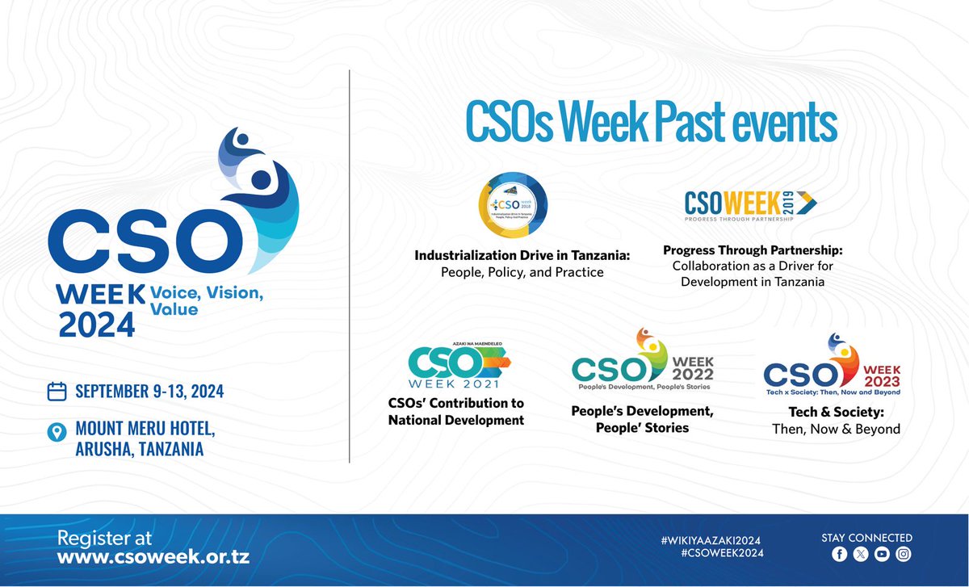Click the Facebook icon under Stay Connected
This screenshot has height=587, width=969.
click(839, 554)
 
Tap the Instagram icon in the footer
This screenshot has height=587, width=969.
click(904, 554)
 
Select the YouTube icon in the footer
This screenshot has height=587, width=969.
click(882, 554)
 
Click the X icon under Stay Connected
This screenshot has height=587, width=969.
click(860, 554)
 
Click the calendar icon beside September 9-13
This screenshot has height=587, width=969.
click(57, 392)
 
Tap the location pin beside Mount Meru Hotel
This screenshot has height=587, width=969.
click(57, 433)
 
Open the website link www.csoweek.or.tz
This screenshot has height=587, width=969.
click(153, 556)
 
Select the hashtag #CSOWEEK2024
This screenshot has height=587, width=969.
click(722, 553)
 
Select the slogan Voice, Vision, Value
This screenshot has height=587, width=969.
click(205, 300)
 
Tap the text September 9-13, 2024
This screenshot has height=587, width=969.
click(149, 392)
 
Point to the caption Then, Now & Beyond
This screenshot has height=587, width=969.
click(836, 429)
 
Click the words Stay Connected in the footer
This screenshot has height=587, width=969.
click(866, 538)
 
